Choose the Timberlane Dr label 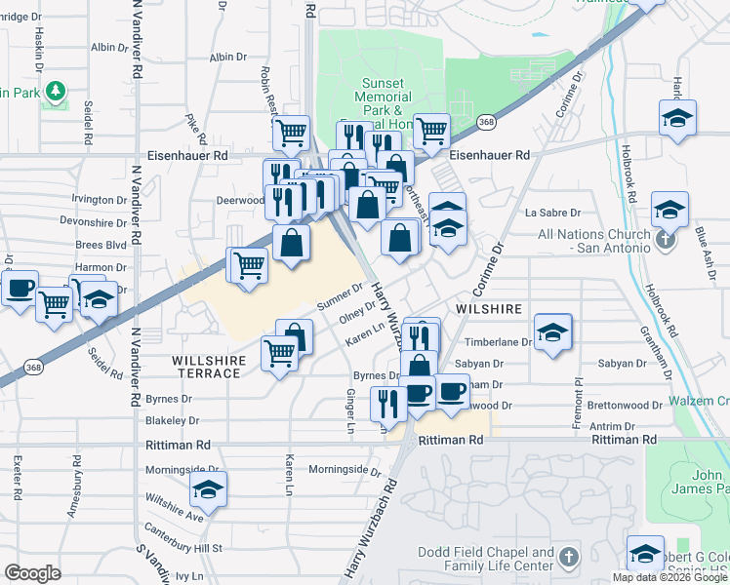pos(499,342)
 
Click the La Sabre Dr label pos(552,212)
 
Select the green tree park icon pos(57,93)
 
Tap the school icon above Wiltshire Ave pos(207,488)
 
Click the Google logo pos(33,573)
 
